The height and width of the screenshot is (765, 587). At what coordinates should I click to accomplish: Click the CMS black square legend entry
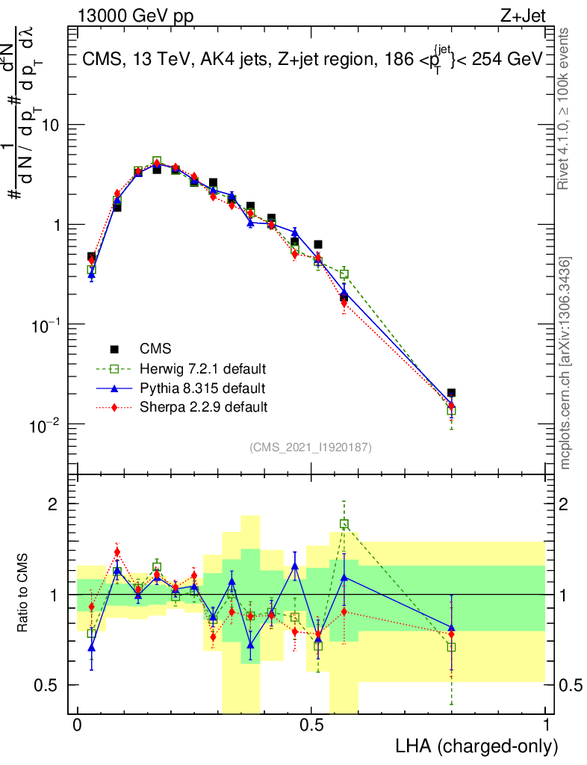(115, 349)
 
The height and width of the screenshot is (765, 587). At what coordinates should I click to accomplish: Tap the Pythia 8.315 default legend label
(202, 388)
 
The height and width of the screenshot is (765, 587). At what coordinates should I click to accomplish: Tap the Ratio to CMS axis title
(23, 593)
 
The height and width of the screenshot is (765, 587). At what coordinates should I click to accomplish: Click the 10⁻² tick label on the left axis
(46, 424)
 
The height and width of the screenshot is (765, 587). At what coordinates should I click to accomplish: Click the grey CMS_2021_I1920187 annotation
(311, 447)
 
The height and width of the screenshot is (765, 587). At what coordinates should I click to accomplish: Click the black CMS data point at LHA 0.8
(451, 393)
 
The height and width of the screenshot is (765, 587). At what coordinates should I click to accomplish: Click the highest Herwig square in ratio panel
(344, 524)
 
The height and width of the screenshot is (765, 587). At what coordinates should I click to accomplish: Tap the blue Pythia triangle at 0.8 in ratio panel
(451, 628)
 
